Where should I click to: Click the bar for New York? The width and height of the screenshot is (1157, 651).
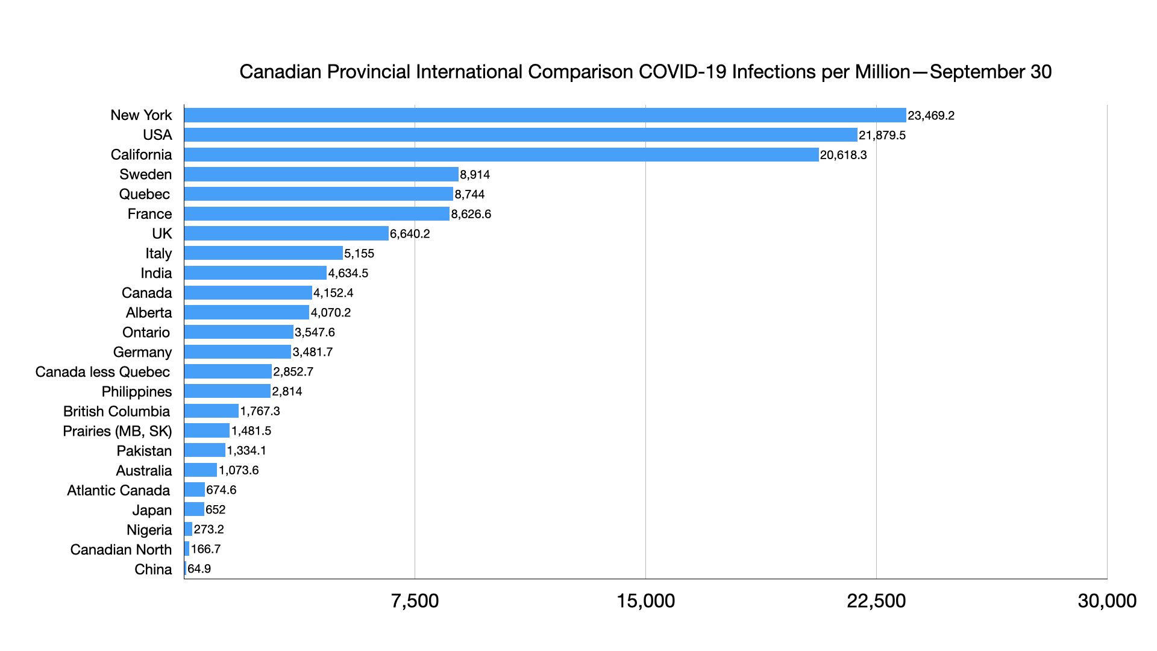pyautogui.click(x=545, y=115)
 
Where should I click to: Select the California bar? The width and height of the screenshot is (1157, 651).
pyautogui.click(x=501, y=155)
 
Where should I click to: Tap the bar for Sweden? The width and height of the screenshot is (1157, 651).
pyautogui.click(x=321, y=175)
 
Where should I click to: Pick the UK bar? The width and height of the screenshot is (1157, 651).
pyautogui.click(x=286, y=234)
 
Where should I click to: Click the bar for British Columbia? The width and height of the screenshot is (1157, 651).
pyautogui.click(x=211, y=411)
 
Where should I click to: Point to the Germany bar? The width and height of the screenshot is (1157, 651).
pyautogui.click(x=237, y=352)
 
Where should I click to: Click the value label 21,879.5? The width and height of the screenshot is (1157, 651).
pyautogui.click(x=882, y=135)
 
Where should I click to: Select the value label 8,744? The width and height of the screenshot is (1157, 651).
pyautogui.click(x=469, y=194)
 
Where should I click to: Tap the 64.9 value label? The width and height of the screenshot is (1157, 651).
pyautogui.click(x=199, y=569)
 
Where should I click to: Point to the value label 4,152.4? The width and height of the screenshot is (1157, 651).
pyautogui.click(x=333, y=293)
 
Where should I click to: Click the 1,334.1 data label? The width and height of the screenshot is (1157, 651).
pyautogui.click(x=246, y=450)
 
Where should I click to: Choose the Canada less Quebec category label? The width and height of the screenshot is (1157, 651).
pyautogui.click(x=102, y=372)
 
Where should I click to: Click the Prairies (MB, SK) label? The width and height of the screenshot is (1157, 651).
pyautogui.click(x=117, y=431)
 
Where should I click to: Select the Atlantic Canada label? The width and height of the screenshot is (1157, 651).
pyautogui.click(x=118, y=490)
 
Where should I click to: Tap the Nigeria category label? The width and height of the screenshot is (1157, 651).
pyautogui.click(x=149, y=530)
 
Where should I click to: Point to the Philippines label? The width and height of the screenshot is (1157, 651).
pyautogui.click(x=136, y=392)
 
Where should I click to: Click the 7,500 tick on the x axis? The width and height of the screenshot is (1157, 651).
pyautogui.click(x=415, y=601)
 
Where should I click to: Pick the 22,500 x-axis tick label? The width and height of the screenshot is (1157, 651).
pyautogui.click(x=876, y=601)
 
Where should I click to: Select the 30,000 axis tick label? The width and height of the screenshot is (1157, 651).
pyautogui.click(x=1107, y=601)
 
